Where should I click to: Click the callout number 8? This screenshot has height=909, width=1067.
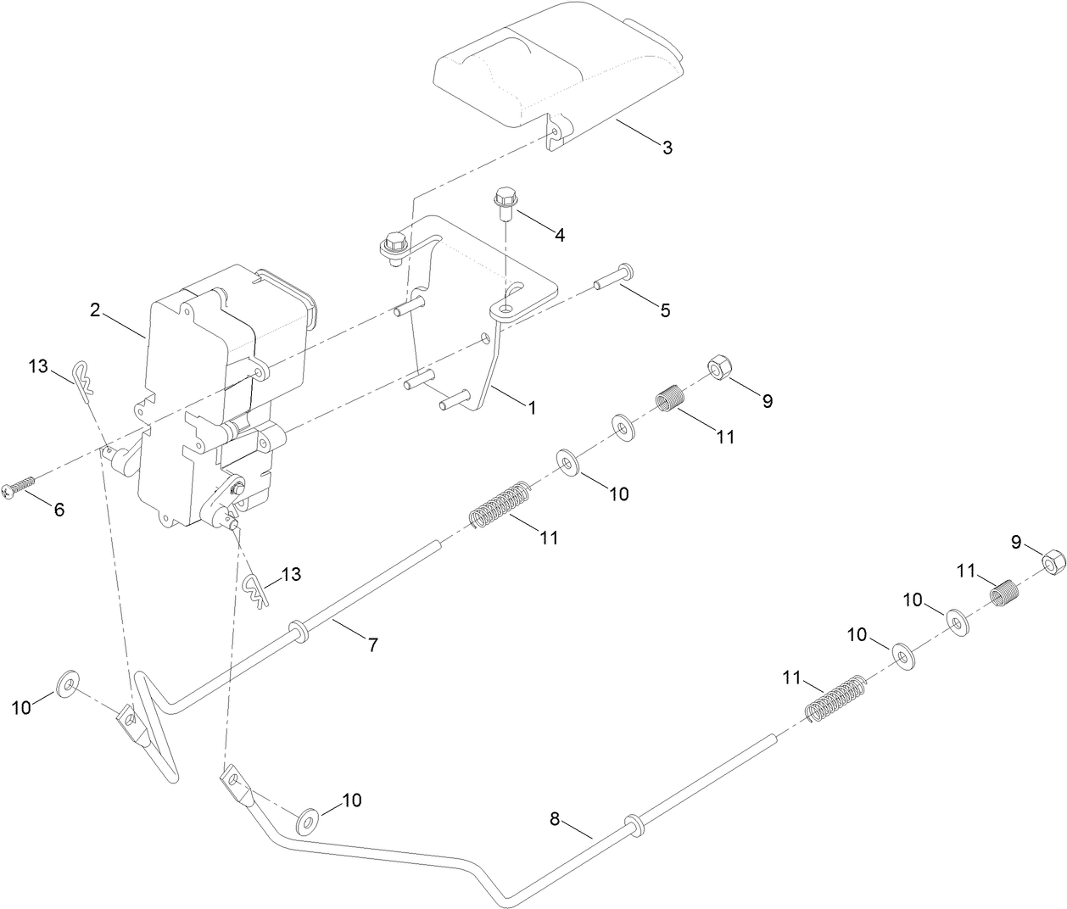click(x=555, y=819)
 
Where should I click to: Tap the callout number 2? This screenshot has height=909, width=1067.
click(x=96, y=310)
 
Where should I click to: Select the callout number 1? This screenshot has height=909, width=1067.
click(x=532, y=407)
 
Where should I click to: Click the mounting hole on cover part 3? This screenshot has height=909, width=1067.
click(x=555, y=133)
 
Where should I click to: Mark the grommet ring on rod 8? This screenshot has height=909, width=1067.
click(x=633, y=823)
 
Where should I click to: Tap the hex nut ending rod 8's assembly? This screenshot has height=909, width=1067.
click(x=1052, y=561)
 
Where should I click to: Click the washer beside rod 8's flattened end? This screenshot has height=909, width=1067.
click(x=307, y=820)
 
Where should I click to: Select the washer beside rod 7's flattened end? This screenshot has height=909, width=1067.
click(x=68, y=683)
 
